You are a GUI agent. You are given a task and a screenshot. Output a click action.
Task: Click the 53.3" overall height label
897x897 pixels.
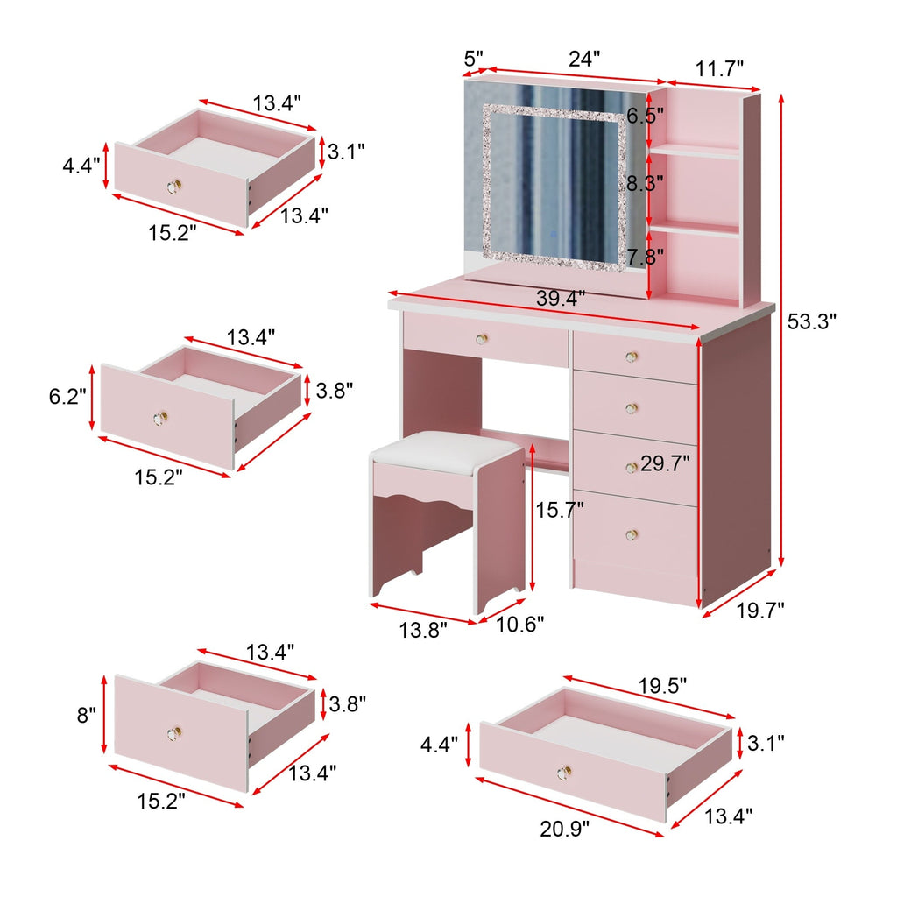(812, 321)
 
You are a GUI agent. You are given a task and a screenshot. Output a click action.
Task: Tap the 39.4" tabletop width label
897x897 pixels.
(562, 300)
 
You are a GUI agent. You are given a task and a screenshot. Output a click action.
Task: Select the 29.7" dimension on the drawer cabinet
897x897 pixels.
(665, 464)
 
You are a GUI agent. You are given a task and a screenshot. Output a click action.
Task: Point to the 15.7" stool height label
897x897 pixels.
(560, 510)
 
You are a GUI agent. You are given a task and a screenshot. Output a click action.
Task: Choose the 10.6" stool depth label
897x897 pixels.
(519, 624)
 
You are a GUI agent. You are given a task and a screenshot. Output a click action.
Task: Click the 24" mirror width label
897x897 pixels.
(584, 60)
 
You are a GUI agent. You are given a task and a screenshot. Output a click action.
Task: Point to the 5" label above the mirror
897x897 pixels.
(473, 59)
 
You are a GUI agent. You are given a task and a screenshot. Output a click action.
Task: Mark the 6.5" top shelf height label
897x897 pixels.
(645, 116)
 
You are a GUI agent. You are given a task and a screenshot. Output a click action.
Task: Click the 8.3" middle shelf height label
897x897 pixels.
(645, 183)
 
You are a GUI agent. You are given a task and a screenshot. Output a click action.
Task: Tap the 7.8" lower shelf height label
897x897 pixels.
(645, 256)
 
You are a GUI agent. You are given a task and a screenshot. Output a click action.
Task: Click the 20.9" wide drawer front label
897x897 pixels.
(565, 825)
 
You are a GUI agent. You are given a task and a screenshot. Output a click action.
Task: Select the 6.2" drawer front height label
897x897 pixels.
(67, 397)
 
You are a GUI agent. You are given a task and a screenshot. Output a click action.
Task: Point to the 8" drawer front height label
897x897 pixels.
(85, 715)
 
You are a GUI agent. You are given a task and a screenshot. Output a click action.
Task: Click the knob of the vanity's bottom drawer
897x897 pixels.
(632, 533)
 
